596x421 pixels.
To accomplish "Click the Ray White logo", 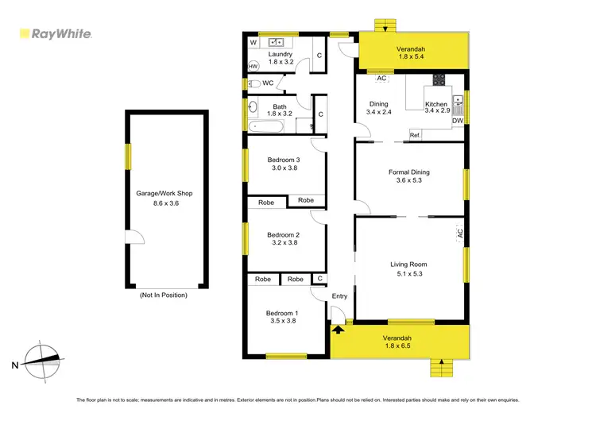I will (56, 34).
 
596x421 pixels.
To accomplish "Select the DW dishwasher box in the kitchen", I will (458, 121).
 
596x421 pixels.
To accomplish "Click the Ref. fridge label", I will (415, 135).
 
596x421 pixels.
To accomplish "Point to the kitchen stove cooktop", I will (438, 79).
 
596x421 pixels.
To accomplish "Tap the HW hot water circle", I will (253, 66).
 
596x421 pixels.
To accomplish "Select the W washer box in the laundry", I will (253, 41).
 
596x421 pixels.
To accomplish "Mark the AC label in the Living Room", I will (459, 234).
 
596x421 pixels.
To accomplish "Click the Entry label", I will (339, 296).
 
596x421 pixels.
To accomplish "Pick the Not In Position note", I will (164, 295).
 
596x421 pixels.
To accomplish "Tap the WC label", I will (268, 83).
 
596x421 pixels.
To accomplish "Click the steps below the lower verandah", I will (439, 367).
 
